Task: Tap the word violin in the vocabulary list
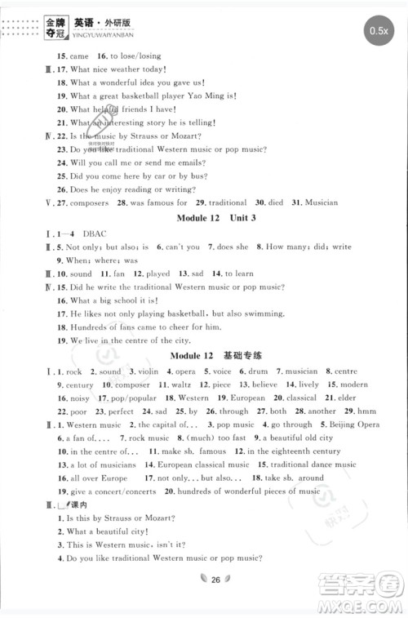pyautogui.click(x=149, y=371)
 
